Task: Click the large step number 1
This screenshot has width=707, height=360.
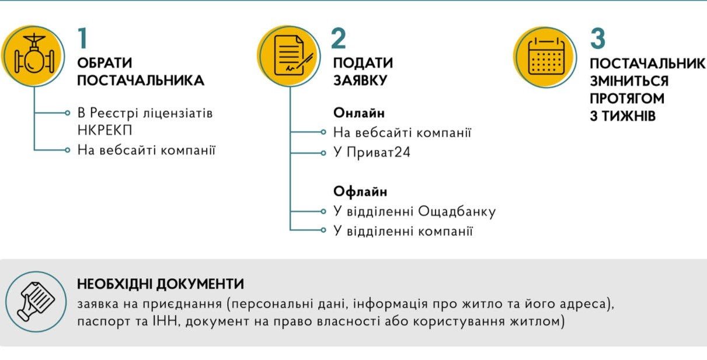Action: coord(83,38)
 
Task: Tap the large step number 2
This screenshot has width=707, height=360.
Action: coord(339,38)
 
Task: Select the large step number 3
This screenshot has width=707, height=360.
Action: coord(598,38)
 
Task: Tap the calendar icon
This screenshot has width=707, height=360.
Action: coord(546,57)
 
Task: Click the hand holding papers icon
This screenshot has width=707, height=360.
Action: coord(36,302)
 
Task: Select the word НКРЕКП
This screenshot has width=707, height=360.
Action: coord(105,130)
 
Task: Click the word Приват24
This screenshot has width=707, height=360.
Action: coord(378,153)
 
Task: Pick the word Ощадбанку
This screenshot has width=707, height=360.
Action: coord(457,211)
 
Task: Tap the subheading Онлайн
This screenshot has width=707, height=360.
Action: coord(359,113)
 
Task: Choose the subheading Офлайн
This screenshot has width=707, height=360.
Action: coord(360,191)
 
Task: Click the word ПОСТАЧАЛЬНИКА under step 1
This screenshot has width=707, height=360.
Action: coord(141,81)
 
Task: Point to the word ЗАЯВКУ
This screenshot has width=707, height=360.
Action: coord(360,81)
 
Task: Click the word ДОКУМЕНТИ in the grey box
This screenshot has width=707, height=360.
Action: coord(200,284)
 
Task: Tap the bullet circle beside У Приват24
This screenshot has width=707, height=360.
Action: coord(323,153)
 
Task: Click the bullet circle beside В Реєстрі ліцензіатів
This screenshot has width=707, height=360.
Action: coord(67,113)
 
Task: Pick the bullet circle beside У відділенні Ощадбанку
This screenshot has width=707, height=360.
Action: coord(323,211)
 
